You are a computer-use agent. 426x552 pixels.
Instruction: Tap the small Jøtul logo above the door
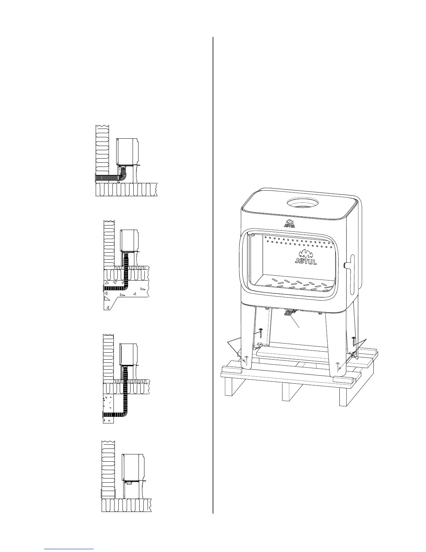click(x=290, y=223)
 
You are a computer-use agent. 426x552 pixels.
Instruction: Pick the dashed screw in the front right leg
click(x=338, y=366)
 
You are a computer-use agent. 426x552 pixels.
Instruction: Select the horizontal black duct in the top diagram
click(x=108, y=178)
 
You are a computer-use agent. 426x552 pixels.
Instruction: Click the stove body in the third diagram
click(x=129, y=354)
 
